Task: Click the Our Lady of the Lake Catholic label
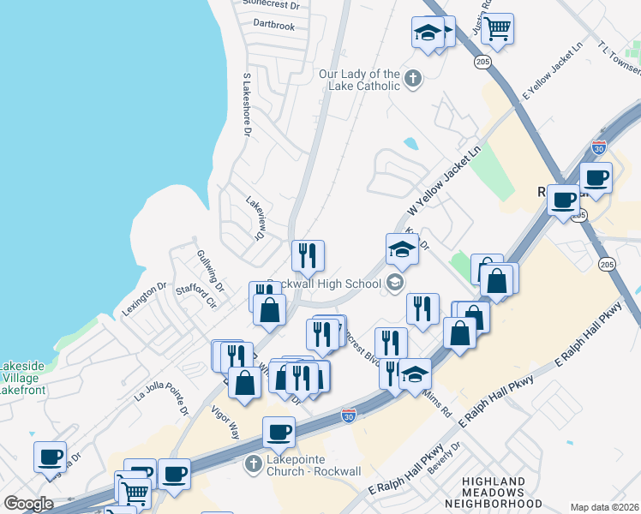(359, 80)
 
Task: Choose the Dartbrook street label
(274, 26)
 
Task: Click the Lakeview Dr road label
(255, 218)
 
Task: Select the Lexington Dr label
(143, 301)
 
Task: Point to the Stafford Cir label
(196, 296)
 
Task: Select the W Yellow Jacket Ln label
(444, 181)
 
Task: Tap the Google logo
(28, 504)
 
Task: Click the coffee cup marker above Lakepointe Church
(279, 433)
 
